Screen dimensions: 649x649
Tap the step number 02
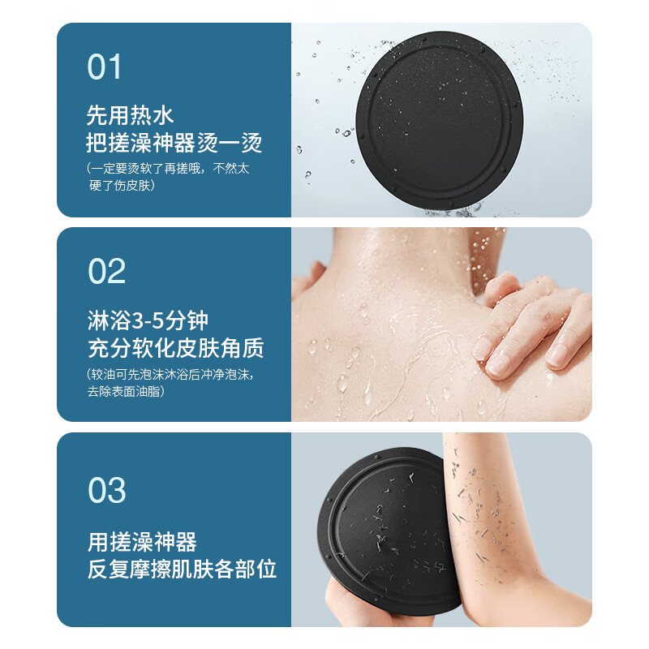[106, 272]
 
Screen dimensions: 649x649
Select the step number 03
[107, 491]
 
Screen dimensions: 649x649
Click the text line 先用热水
[130, 114]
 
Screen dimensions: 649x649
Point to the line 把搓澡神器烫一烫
[174, 143]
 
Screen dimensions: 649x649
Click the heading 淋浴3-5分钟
[148, 319]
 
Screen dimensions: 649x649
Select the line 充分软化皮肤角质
[175, 348]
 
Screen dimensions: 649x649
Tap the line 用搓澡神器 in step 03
[142, 541]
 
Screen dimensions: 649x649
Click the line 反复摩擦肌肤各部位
[182, 569]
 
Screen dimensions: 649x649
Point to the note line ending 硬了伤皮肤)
[122, 186]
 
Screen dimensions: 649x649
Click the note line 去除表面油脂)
[126, 391]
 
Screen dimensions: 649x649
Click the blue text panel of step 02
[174, 324]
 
